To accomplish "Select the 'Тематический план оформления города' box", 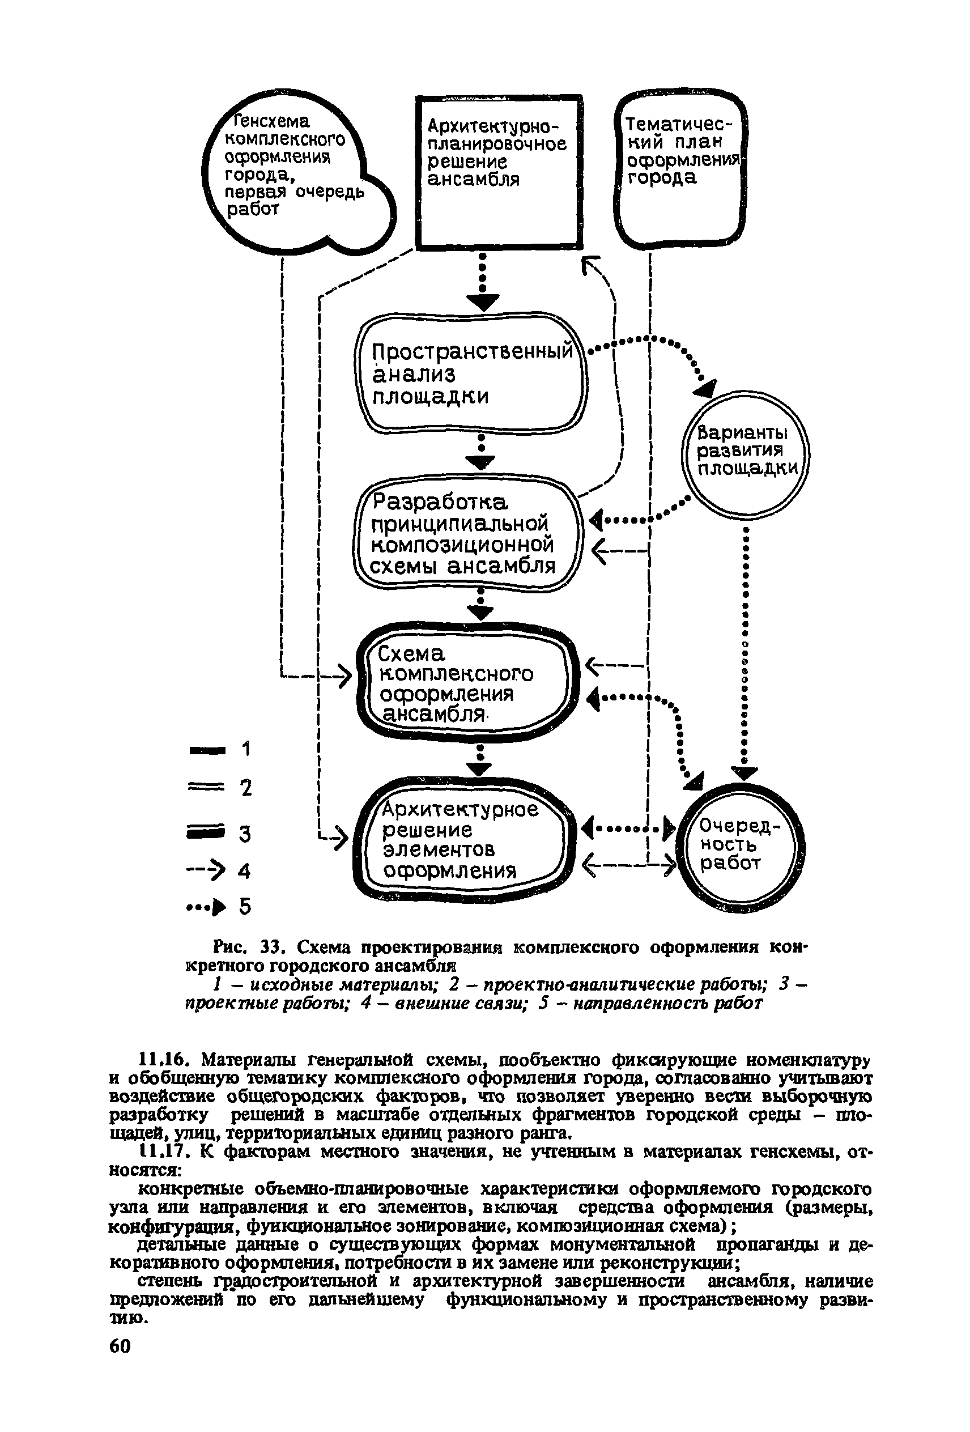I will tap(682, 169).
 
